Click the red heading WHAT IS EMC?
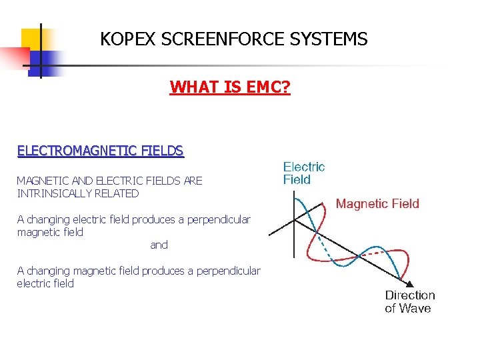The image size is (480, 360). coord(230,87)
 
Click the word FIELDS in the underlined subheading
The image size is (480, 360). coord(161,151)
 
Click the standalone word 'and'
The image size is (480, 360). coord(159,245)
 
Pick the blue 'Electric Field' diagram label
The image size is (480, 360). coord(304,173)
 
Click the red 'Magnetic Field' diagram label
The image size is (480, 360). coord(377,203)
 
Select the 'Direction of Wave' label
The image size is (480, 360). coord(409,301)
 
